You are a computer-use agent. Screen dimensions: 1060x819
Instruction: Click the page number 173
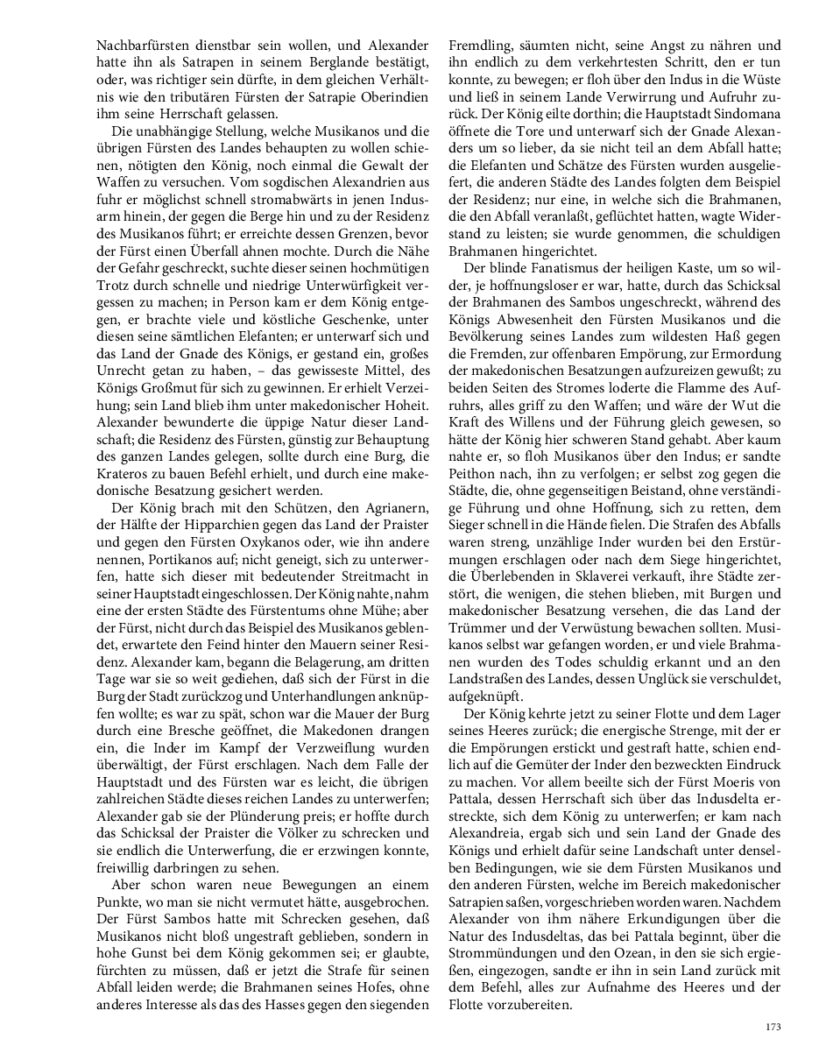[x=773, y=1027]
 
